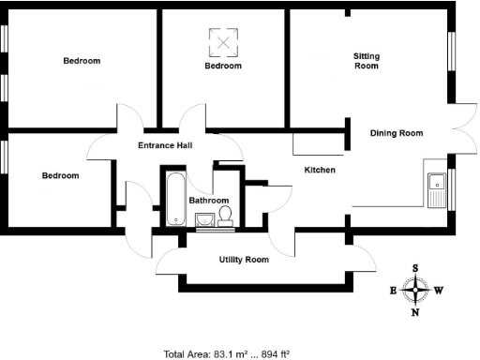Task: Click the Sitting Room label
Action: pos(366,61)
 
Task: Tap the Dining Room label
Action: pos(397,133)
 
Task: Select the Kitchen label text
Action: pos(320,170)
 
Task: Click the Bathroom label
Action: pos(208,201)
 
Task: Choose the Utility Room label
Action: pos(244,259)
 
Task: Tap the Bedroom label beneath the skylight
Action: pos(223,67)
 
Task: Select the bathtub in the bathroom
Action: pos(174,198)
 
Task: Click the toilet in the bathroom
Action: pos(226,217)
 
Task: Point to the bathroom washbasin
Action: pos(205,221)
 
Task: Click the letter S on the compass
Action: pos(415,268)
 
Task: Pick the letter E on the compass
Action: pos(393,291)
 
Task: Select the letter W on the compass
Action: pos(438,291)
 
